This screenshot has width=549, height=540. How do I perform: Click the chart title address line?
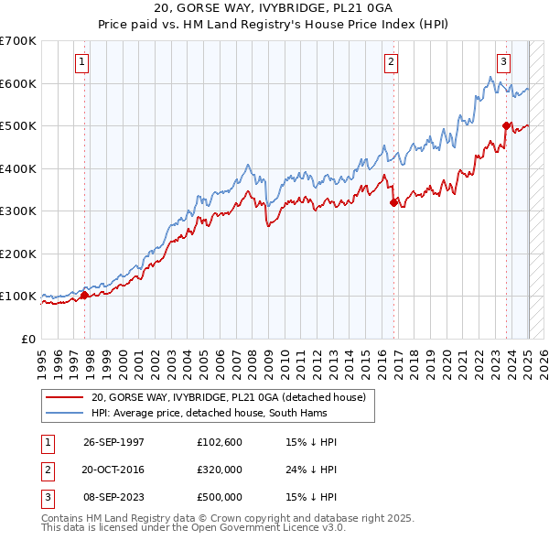[x=275, y=8]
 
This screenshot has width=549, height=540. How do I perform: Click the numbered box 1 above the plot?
[x=82, y=62]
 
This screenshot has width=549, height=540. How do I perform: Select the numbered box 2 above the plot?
[x=391, y=62]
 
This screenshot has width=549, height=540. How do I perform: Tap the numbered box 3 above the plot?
[x=503, y=62]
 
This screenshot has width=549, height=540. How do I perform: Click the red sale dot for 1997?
[x=84, y=295]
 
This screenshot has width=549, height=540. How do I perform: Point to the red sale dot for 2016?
[x=393, y=203]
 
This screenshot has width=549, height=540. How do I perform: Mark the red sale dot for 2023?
[x=506, y=126]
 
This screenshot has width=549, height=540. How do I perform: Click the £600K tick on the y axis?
[x=18, y=83]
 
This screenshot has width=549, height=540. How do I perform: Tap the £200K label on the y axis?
[x=18, y=254]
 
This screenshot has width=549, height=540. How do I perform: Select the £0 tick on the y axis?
[x=27, y=339]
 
